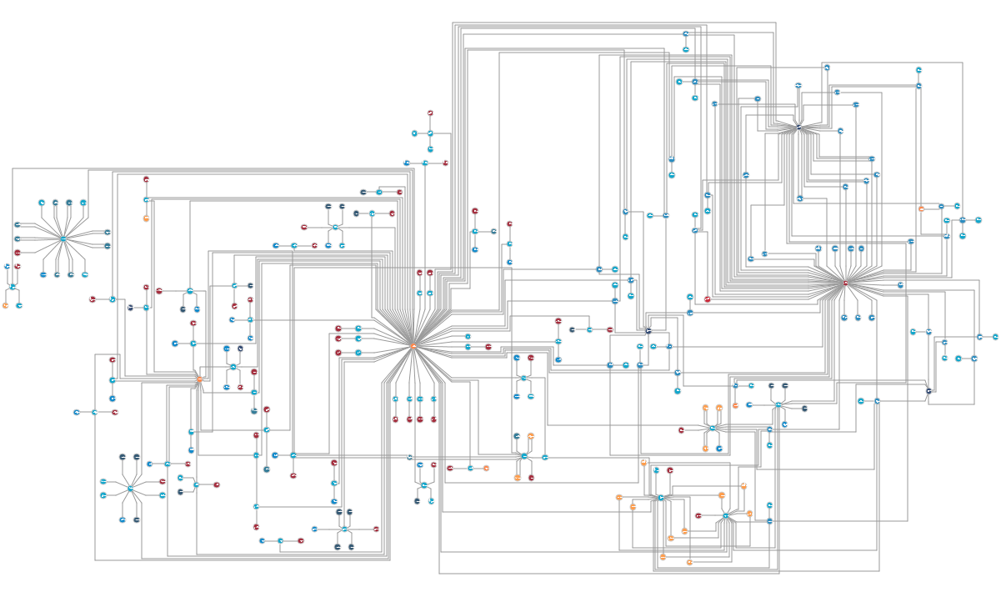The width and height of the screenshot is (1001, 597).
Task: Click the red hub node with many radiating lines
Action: tap(845, 283)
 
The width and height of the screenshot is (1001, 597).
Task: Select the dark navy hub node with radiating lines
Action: tap(798, 128)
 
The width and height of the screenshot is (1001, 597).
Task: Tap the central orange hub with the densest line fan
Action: tap(413, 345)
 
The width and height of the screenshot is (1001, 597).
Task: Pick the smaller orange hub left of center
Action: tap(199, 379)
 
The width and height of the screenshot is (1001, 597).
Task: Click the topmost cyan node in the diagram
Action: tap(686, 34)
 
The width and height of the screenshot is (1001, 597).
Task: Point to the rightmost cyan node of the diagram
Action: tap(995, 337)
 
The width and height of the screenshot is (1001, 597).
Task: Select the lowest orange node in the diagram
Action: tap(690, 562)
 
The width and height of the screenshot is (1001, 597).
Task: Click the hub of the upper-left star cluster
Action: tap(63, 238)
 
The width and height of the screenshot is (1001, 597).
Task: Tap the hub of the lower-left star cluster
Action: tap(130, 488)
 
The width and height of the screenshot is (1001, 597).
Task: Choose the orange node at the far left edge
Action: tap(5, 306)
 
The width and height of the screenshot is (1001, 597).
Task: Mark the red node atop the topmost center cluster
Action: tap(431, 113)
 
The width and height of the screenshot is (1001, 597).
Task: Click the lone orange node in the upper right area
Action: tap(921, 208)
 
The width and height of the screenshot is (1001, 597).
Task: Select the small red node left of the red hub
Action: tap(708, 298)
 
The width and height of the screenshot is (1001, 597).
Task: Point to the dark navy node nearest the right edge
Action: tap(928, 390)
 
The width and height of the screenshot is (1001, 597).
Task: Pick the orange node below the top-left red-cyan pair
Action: tap(146, 218)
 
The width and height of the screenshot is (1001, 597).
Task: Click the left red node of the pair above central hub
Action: tap(420, 273)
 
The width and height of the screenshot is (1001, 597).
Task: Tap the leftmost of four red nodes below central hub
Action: tap(396, 419)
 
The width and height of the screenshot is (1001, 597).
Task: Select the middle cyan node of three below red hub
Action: tap(858, 318)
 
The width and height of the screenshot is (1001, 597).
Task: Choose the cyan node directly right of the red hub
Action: tap(901, 284)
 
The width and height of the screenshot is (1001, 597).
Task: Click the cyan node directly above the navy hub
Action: tap(798, 86)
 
